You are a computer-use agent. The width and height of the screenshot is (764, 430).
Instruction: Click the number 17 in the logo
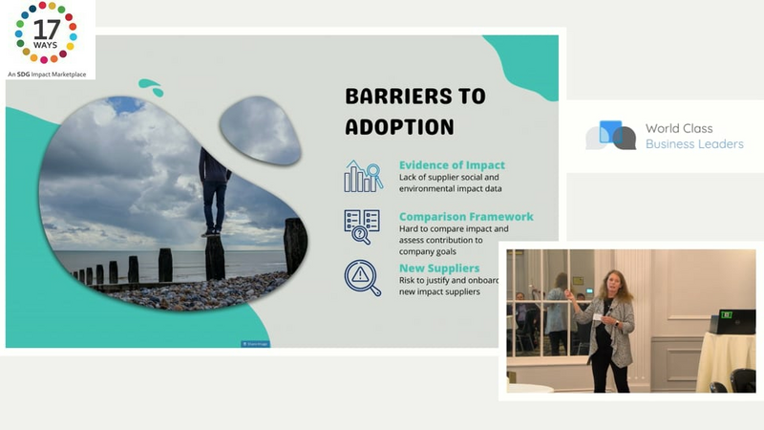point(47,31)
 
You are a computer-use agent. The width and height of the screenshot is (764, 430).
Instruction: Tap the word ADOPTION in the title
point(399,127)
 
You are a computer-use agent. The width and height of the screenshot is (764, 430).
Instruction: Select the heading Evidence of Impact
point(452,164)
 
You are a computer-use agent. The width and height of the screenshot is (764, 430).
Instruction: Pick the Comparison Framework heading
point(466,217)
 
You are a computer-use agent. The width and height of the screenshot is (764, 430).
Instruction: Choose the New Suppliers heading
point(439,269)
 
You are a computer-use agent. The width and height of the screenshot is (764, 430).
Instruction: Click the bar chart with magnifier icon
point(363,176)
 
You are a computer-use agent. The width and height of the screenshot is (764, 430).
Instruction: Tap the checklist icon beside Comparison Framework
point(362,226)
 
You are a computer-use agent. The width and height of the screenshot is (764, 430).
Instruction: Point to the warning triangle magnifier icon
point(363,278)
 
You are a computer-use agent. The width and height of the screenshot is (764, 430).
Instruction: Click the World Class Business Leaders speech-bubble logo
point(611,135)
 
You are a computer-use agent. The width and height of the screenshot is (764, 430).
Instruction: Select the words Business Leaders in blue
point(694,144)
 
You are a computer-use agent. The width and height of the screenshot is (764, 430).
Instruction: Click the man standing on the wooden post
point(213,191)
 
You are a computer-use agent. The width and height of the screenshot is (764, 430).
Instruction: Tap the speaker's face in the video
point(614,283)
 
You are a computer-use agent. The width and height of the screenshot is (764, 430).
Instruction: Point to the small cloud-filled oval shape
point(260,130)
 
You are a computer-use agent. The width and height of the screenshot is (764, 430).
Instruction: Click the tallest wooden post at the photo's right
point(295,246)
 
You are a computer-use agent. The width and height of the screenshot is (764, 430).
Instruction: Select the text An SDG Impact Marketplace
point(47,75)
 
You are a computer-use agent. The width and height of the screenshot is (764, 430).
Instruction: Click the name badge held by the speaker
point(598,317)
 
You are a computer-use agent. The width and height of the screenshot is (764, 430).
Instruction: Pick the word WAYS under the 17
point(45,45)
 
